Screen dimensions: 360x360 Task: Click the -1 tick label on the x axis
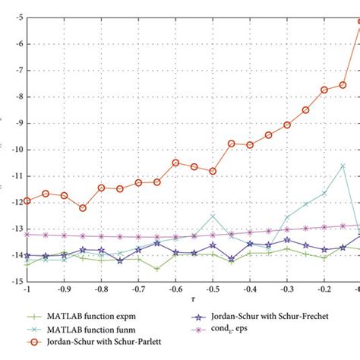(27, 290)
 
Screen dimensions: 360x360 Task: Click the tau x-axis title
(194, 301)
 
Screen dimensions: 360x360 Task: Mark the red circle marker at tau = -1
(27, 201)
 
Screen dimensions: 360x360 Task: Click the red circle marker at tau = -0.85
(83, 208)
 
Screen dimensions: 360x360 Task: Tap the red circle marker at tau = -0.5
(213, 171)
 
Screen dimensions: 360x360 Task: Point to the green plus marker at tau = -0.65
(157, 269)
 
